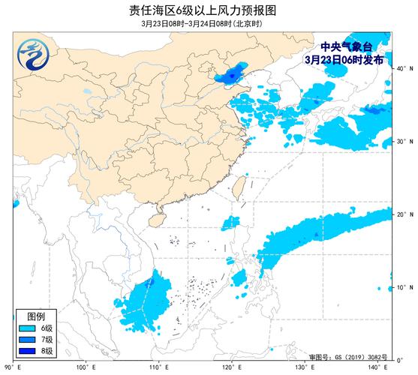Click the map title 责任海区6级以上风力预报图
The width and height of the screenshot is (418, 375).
point(209,9)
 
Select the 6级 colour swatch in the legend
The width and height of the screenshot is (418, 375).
point(27,328)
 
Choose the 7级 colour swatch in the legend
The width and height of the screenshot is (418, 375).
point(27,340)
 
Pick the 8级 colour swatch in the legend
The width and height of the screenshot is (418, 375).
point(27,351)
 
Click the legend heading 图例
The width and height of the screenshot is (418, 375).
point(36,316)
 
